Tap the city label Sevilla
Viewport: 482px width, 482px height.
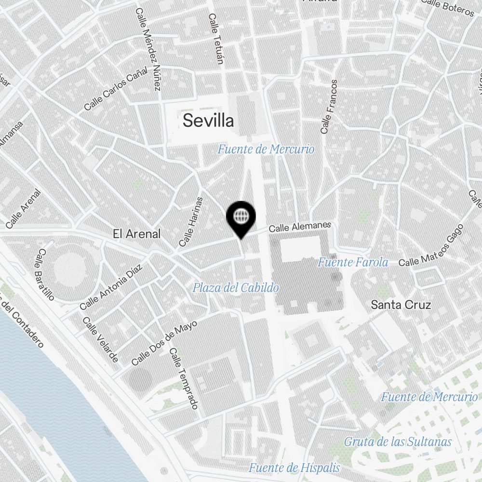pos(208,120)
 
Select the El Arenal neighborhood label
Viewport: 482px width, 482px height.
pos(136,234)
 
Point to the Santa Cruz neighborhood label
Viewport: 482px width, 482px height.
pos(401,305)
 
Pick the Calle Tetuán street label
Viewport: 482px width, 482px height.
pos(216,39)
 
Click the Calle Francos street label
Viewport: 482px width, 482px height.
pos(329,107)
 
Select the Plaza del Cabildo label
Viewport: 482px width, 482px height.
pos(236,288)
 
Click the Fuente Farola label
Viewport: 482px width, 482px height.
pos(353,263)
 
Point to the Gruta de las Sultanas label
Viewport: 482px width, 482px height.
pos(398,442)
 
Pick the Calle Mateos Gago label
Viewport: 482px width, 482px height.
pos(431,246)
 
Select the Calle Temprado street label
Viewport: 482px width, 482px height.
pos(184,378)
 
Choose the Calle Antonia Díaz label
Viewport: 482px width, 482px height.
pos(111,287)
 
